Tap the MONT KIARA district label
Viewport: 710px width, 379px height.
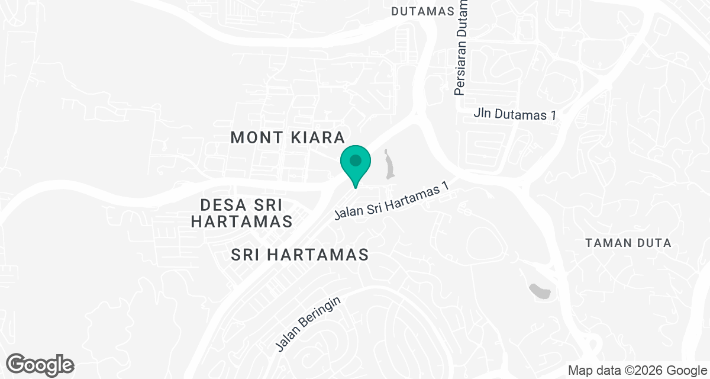point(288,137)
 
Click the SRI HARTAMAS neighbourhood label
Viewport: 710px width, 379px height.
point(300,255)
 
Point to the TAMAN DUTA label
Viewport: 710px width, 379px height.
point(628,243)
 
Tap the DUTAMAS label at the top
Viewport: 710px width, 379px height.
point(423,11)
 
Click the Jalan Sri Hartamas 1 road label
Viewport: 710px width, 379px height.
point(392,201)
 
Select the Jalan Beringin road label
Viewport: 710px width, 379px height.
point(308,323)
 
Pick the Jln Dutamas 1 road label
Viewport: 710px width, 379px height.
point(515,114)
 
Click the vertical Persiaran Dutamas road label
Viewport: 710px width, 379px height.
point(461,47)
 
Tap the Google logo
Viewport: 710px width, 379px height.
point(40,364)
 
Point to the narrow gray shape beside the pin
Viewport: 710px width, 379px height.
point(389,165)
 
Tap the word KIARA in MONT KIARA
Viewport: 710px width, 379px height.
point(317,137)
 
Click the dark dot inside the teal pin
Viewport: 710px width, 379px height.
point(355,160)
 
